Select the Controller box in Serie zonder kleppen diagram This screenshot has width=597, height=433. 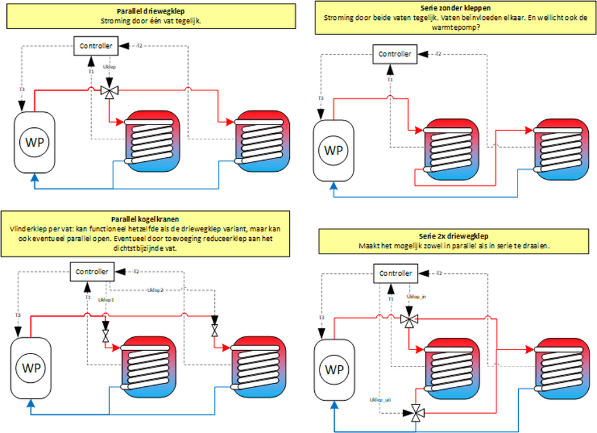point(395,54)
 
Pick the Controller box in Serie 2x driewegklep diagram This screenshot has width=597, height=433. point(395,273)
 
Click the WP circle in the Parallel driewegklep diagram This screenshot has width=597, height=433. point(34,142)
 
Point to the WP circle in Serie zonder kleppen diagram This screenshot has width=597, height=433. point(334,150)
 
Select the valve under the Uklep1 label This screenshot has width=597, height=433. point(106,336)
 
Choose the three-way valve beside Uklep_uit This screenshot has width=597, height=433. point(416,413)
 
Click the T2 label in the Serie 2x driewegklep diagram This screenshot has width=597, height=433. point(439,273)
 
